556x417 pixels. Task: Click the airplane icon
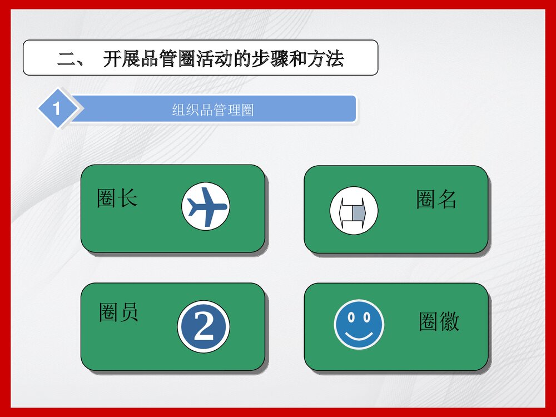205,207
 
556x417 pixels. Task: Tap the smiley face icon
359,325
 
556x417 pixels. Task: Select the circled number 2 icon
203,327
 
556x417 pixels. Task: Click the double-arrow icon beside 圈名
354,211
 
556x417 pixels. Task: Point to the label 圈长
117,198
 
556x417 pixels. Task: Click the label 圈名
436,199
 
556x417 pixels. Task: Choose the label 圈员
118,312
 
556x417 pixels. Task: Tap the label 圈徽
439,322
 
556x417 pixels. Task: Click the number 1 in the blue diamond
56,108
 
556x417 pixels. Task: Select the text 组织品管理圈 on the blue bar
213,110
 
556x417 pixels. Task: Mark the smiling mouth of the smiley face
359,335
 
